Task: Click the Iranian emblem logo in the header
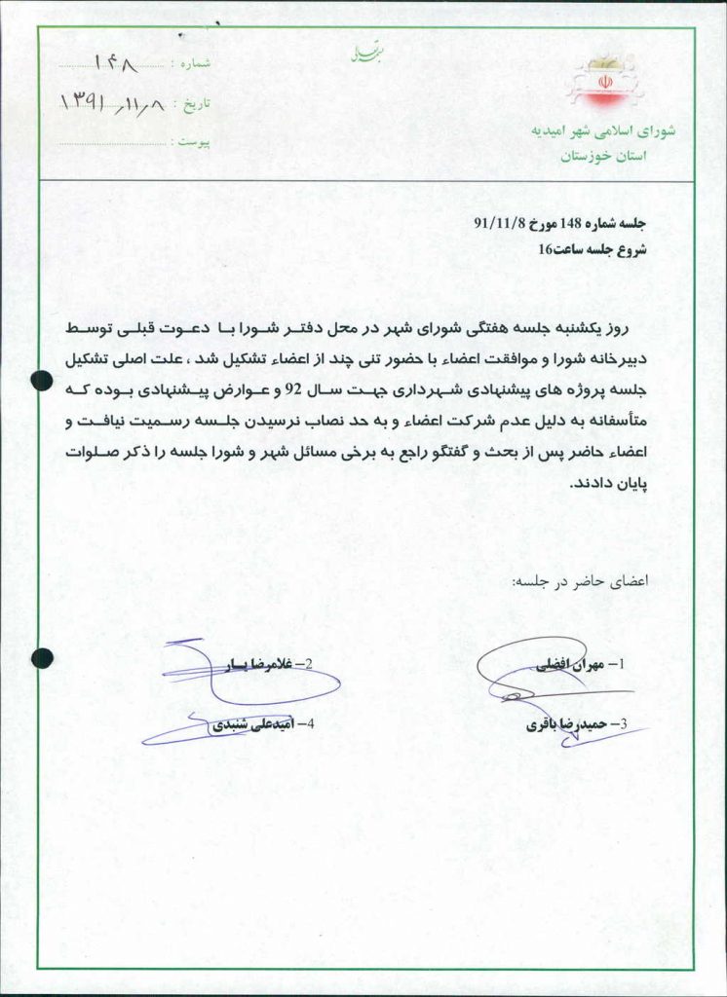click(x=603, y=82)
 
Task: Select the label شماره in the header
click(x=191, y=63)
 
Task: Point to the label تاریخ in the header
click(x=192, y=103)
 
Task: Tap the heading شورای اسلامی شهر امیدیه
click(x=601, y=130)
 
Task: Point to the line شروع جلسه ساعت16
click(x=593, y=249)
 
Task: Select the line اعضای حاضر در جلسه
click(x=580, y=581)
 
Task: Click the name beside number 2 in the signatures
click(x=249, y=665)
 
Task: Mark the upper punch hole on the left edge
click(x=42, y=381)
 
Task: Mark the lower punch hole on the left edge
click(x=42, y=658)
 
